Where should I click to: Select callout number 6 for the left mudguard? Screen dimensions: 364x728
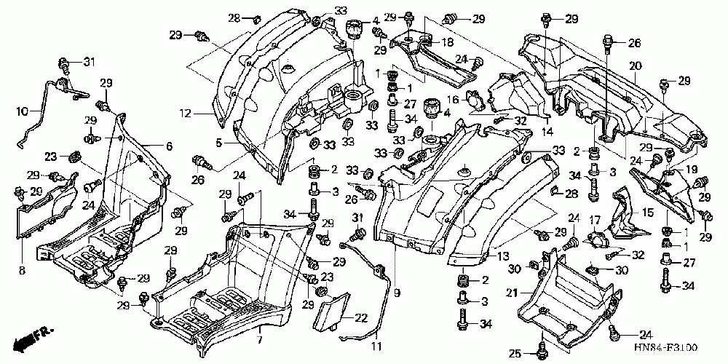point(170,146)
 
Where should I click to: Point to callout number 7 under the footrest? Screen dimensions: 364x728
point(259,340)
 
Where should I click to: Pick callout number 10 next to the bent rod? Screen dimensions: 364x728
point(21,112)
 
